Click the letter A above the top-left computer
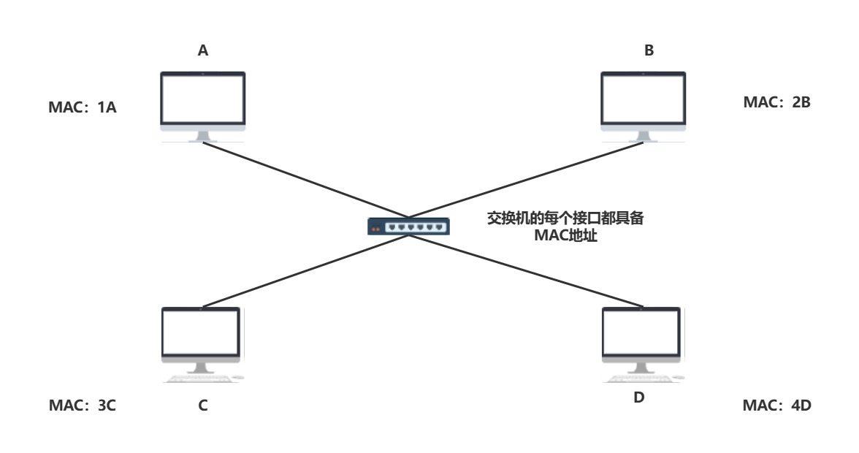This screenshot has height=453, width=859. pyautogui.click(x=203, y=50)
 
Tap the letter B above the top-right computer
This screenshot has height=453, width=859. pyautogui.click(x=649, y=50)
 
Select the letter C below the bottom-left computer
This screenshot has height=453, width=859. pyautogui.click(x=203, y=405)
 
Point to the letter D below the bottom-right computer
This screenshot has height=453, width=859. pyautogui.click(x=639, y=399)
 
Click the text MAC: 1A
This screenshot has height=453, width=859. pyautogui.click(x=83, y=108)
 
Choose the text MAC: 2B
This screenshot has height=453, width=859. pyautogui.click(x=776, y=102)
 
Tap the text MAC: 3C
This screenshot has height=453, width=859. pyautogui.click(x=83, y=405)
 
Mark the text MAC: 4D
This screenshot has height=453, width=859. pyautogui.click(x=776, y=405)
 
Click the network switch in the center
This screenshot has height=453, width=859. pyautogui.click(x=409, y=226)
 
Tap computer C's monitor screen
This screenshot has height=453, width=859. pyautogui.click(x=200, y=332)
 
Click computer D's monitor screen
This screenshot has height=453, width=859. pyautogui.click(x=641, y=332)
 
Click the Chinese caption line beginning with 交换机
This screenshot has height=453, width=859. pyautogui.click(x=565, y=218)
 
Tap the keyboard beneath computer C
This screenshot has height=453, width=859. pyautogui.click(x=197, y=378)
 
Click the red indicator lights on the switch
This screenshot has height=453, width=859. pyautogui.click(x=377, y=228)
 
